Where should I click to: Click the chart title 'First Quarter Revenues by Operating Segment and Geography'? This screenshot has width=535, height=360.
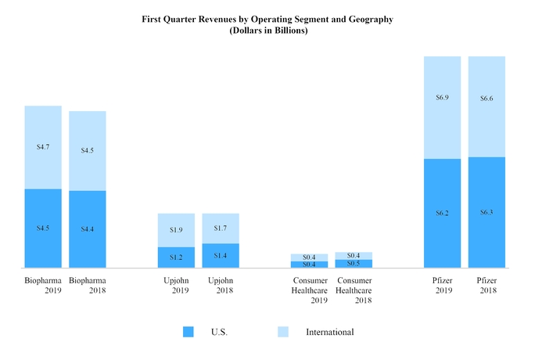[267, 17]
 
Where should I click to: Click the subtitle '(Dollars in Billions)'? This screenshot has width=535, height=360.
[267, 30]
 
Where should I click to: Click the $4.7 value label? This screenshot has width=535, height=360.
[43, 146]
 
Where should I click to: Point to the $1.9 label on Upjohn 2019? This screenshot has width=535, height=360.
[176, 230]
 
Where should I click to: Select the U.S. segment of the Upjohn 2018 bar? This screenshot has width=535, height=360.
[221, 256]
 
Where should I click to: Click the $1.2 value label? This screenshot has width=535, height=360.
[176, 257]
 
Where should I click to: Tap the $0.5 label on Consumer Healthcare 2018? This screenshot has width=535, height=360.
[353, 264]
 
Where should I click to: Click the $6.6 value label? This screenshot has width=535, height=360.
[487, 99]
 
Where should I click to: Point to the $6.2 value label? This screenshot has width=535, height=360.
[442, 213]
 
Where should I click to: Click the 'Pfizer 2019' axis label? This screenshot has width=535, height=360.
[442, 285]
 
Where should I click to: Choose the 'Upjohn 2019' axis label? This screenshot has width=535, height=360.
[176, 285]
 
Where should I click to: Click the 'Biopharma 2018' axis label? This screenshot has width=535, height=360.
[88, 285]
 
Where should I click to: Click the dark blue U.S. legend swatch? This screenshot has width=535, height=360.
[189, 332]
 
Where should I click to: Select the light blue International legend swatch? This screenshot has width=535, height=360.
[283, 332]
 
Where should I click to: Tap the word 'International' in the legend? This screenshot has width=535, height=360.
[329, 332]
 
